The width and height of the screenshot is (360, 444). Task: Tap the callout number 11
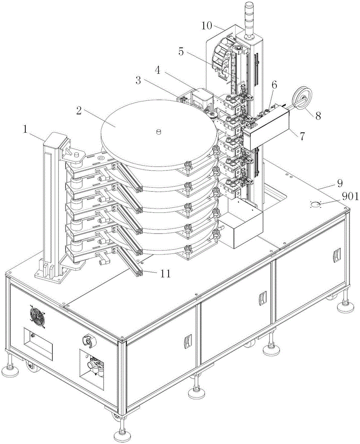165,274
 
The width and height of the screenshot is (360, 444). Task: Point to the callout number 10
206,26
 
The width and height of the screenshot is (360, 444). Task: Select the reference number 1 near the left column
26,130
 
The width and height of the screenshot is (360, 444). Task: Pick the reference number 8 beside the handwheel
318,116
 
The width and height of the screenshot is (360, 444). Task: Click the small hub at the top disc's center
159,132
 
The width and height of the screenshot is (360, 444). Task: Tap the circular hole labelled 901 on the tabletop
315,204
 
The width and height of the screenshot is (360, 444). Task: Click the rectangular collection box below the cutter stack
241,225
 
